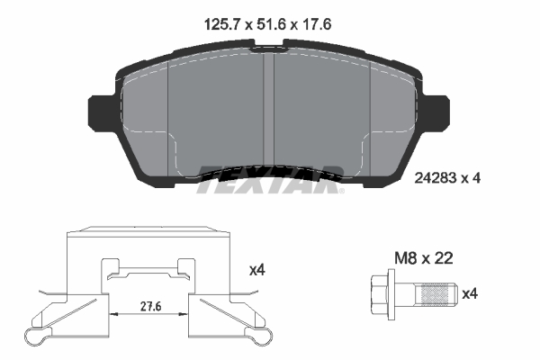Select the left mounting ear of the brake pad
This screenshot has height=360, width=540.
98,112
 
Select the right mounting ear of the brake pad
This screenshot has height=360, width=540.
441,112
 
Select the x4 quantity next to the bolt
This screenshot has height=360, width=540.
469,293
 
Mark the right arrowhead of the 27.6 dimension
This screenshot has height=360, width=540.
185,313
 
